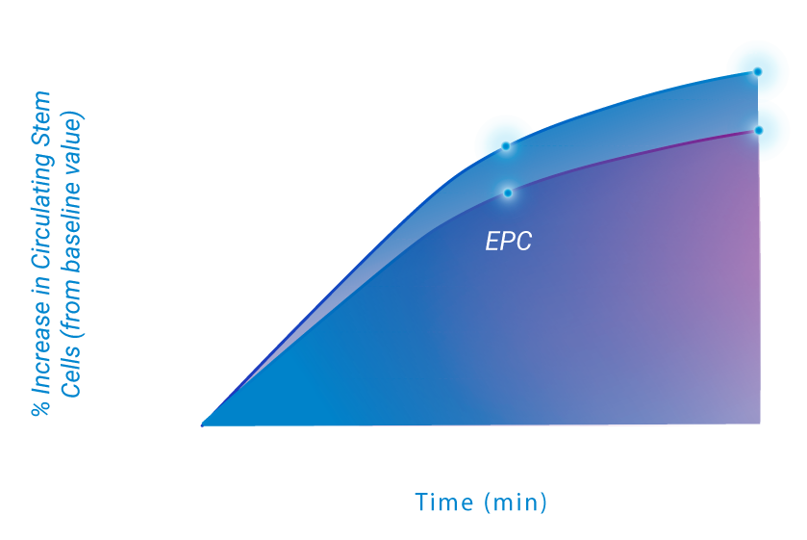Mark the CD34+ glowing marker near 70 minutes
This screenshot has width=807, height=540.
[506, 146]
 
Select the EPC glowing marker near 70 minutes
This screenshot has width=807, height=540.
[508, 193]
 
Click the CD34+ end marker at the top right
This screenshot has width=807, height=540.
[758, 71]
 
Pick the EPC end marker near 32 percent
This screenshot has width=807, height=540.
[759, 130]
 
